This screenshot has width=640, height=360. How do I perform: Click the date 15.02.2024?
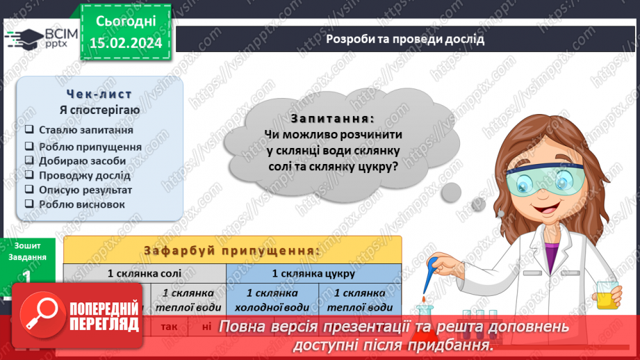[x=126, y=42]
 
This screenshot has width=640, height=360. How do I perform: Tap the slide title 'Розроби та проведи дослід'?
[x=405, y=39]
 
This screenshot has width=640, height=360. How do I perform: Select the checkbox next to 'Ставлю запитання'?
[x=29, y=130]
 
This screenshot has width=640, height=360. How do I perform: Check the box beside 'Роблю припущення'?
[x=29, y=147]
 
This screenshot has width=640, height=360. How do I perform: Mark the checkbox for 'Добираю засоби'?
[x=29, y=161]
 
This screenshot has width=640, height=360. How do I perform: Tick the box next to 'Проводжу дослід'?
[x=29, y=175]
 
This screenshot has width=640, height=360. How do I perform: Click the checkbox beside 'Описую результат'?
[x=29, y=190]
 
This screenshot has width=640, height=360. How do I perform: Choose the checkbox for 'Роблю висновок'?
[x=29, y=204]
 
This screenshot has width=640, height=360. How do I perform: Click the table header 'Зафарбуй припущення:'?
[x=232, y=250]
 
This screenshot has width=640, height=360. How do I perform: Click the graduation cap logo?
[x=26, y=37]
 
